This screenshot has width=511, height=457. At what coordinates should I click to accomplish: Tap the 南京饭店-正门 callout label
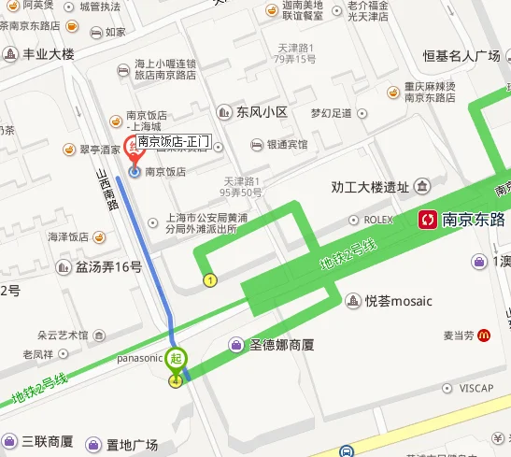(x=174, y=142)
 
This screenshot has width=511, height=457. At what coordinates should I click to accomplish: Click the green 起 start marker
(x=177, y=357)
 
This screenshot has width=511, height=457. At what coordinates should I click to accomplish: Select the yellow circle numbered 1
(x=210, y=279)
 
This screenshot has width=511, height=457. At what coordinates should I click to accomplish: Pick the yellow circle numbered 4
(x=175, y=380)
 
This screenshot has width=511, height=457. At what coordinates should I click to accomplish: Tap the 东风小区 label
(x=262, y=111)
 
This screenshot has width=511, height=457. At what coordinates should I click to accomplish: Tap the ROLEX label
(x=378, y=220)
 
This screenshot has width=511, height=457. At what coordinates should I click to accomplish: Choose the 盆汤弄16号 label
(x=108, y=267)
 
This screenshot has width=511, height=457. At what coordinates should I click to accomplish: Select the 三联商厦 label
(x=48, y=441)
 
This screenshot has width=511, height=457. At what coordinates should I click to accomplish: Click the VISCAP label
(x=476, y=388)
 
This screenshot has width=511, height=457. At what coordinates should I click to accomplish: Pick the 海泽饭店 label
(x=67, y=237)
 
